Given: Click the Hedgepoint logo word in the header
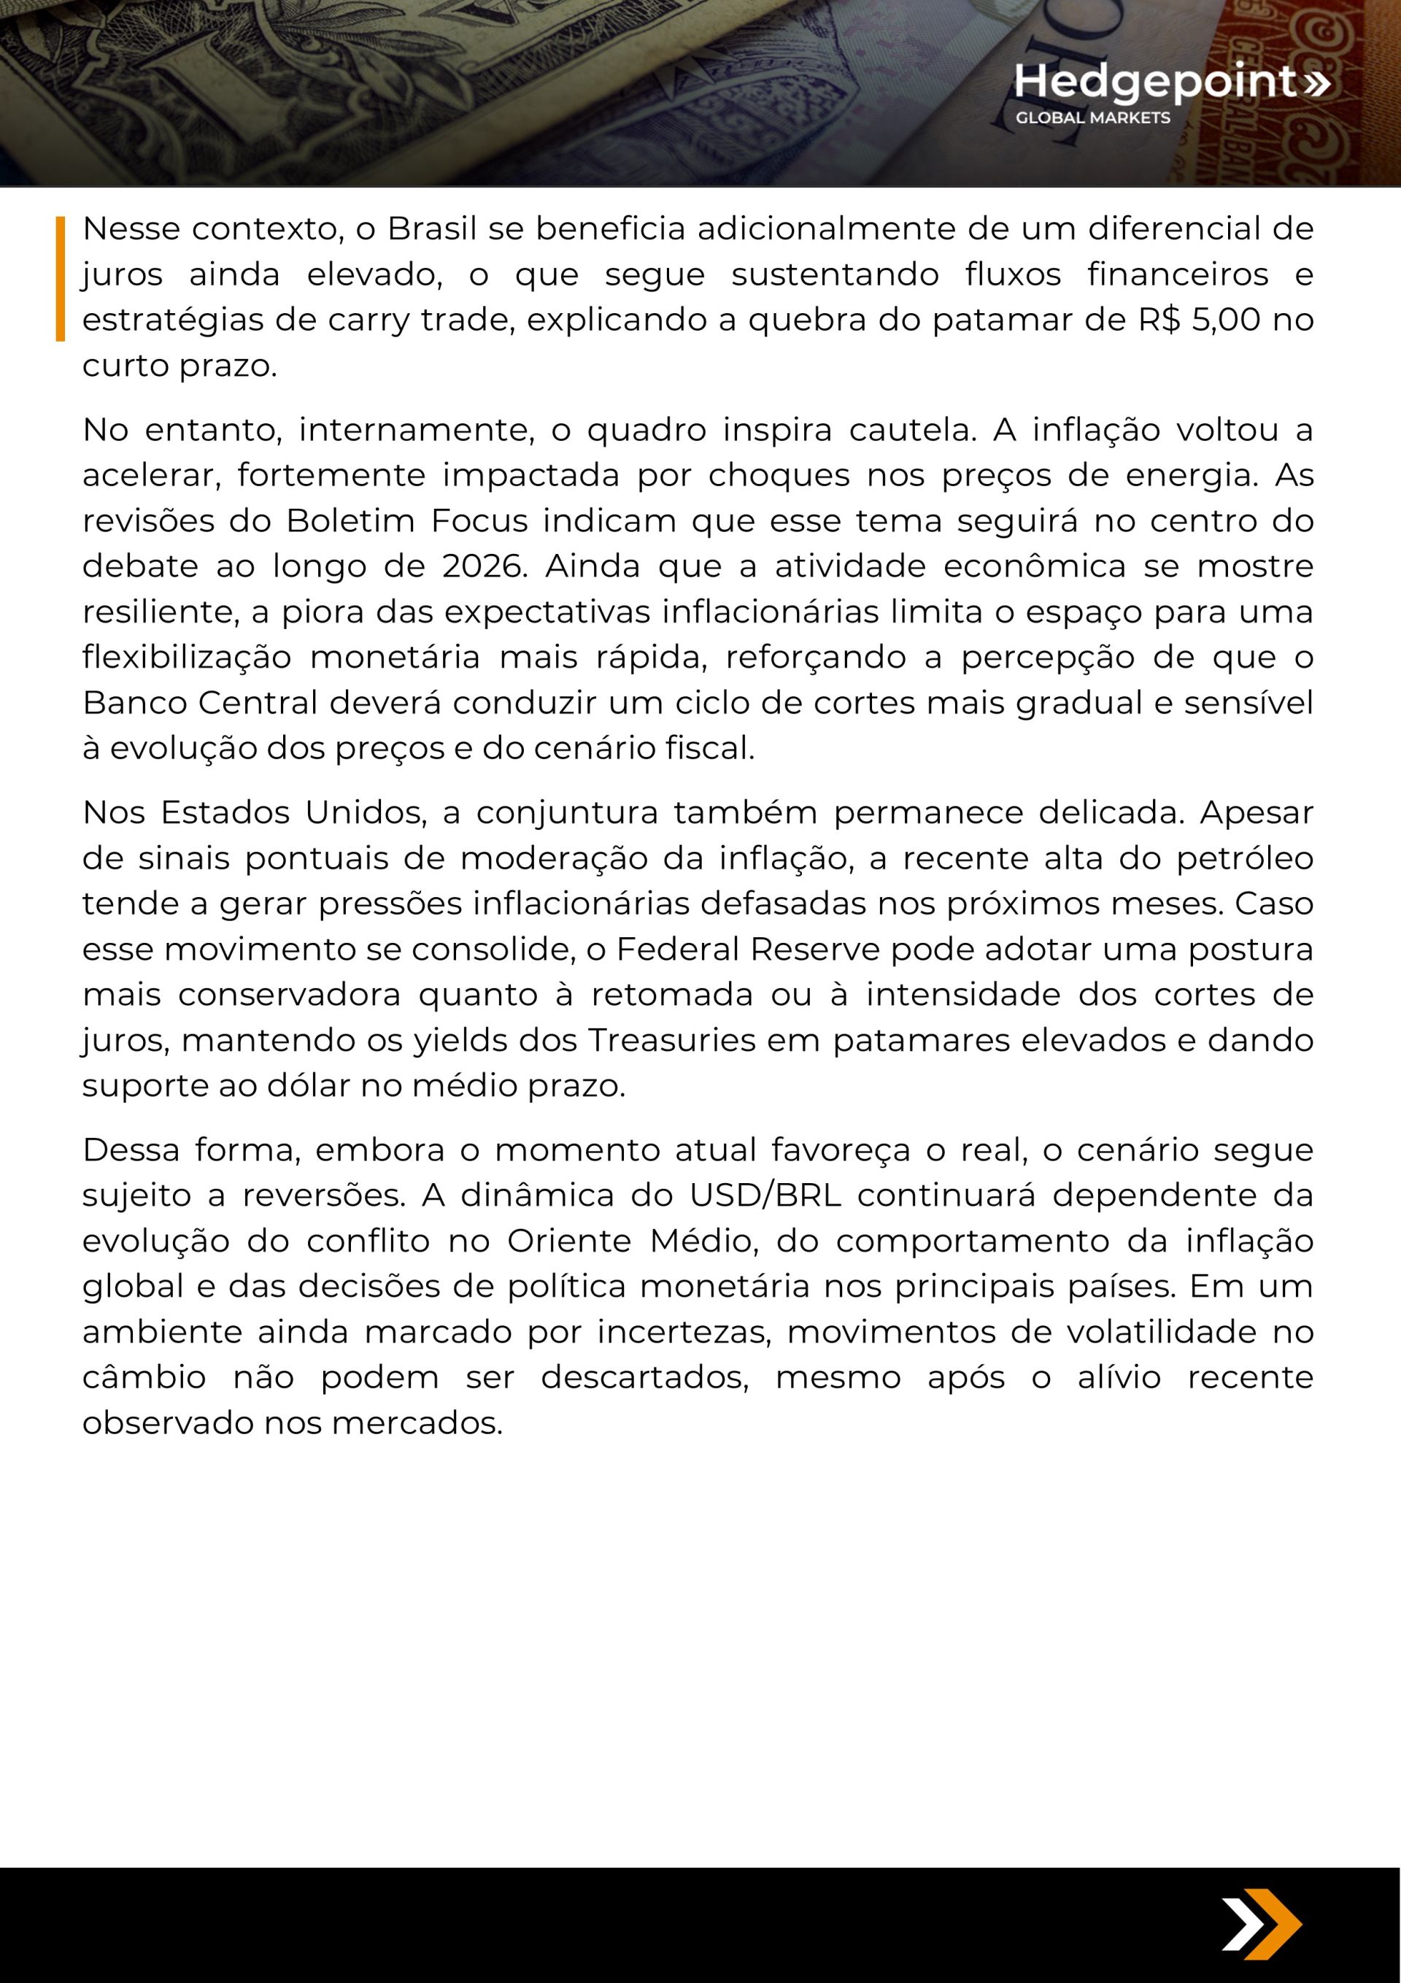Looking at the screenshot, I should (x=1156, y=82).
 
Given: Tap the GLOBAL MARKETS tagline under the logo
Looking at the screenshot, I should (x=1092, y=118).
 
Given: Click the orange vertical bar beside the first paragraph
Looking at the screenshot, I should (x=61, y=278).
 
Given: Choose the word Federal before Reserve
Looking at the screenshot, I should (x=678, y=950).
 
